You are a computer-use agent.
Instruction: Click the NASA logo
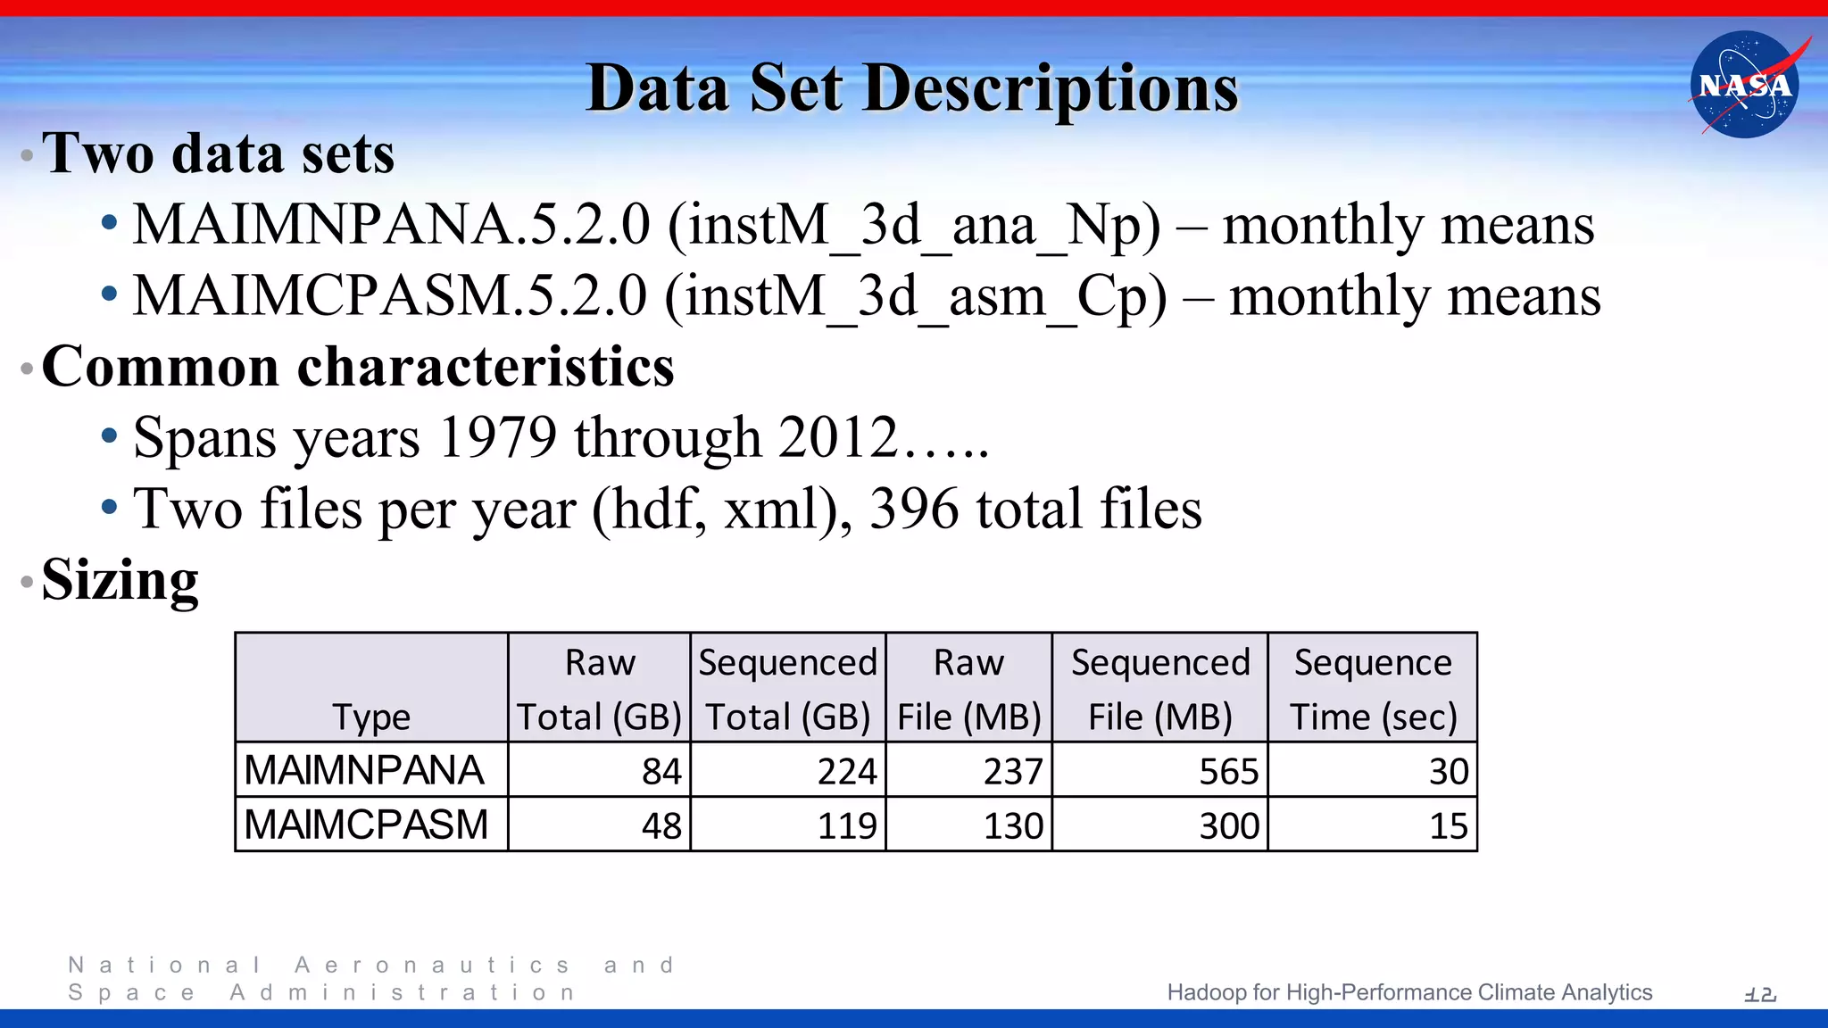pyautogui.click(x=1744, y=85)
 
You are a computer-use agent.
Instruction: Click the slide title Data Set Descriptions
pyautogui.click(x=912, y=88)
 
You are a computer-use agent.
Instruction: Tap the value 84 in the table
pyautogui.click(x=661, y=771)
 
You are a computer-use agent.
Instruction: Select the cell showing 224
pyautogui.click(x=847, y=771)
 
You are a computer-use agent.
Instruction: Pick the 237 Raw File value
pyautogui.click(x=1013, y=771)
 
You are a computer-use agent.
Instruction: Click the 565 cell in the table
pyautogui.click(x=1228, y=771)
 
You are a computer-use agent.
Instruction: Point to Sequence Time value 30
pyautogui.click(x=1448, y=771)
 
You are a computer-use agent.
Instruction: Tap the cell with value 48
pyautogui.click(x=661, y=825)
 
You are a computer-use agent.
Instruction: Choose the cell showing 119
pyautogui.click(x=847, y=825)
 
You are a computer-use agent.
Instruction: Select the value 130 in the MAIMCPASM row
pyautogui.click(x=1013, y=825)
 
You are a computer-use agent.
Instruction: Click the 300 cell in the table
pyautogui.click(x=1228, y=825)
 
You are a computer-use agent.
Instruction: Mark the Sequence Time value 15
pyautogui.click(x=1448, y=825)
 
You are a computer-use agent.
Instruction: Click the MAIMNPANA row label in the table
pyautogui.click(x=364, y=770)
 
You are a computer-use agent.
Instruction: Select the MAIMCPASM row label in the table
pyautogui.click(x=366, y=825)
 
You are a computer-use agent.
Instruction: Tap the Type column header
pyautogui.click(x=371, y=717)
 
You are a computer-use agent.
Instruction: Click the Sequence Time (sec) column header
pyautogui.click(x=1373, y=689)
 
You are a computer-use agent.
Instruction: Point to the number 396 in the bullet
pyautogui.click(x=914, y=509)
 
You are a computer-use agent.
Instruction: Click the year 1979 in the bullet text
pyautogui.click(x=498, y=438)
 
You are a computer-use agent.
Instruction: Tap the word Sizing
pyautogui.click(x=120, y=580)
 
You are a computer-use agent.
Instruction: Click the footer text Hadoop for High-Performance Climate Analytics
pyautogui.click(x=1409, y=992)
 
